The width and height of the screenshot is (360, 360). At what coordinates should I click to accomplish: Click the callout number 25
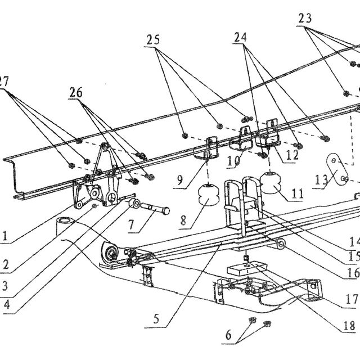[x=153, y=40]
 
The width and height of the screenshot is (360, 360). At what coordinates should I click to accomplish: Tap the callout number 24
[x=240, y=37]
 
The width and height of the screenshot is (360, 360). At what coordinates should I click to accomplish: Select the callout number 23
[x=305, y=18]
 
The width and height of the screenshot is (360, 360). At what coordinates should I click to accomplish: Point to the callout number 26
[x=76, y=92]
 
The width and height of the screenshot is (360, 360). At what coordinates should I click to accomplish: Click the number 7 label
[x=131, y=225]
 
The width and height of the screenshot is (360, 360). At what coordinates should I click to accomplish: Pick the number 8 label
[x=183, y=221]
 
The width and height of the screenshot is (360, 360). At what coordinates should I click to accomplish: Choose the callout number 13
[x=321, y=180]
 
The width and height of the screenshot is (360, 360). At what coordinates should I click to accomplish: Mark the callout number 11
[x=298, y=193]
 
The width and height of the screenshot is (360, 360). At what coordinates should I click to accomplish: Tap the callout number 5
[x=156, y=319]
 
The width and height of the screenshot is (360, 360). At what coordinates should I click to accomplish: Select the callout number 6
[x=228, y=335]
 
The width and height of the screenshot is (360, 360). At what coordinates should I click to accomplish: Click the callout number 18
[x=349, y=326]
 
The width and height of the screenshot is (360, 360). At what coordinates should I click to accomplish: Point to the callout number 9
[x=180, y=180]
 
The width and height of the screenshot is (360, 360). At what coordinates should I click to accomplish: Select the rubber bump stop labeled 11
[x=271, y=183]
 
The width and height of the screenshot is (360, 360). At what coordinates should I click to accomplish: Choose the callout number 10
[x=233, y=161]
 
